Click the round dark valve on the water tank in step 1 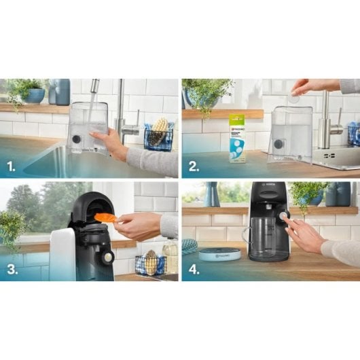click(x=76, y=138)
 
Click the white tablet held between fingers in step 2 click(x=293, y=98)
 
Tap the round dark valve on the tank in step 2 click(x=278, y=143)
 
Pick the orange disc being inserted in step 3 click(x=105, y=217)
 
